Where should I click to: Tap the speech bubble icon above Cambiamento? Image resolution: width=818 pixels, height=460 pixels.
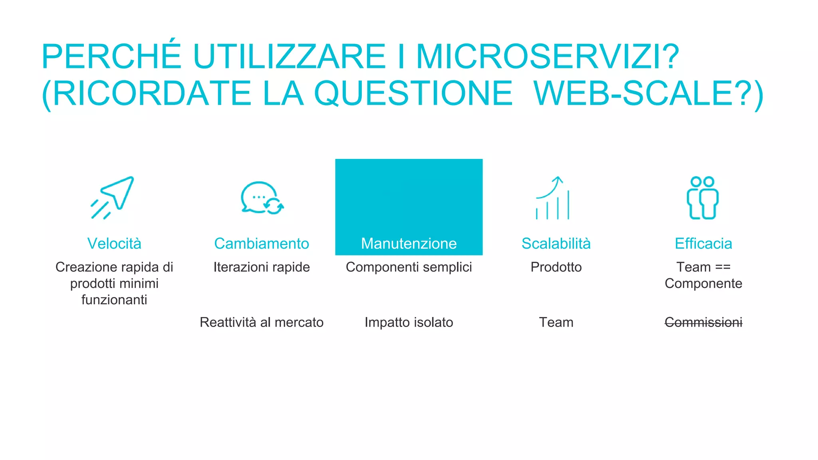(x=261, y=198)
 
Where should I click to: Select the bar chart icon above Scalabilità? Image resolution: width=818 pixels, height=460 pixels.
(x=553, y=198)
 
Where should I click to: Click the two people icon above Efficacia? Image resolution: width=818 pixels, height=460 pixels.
(x=703, y=198)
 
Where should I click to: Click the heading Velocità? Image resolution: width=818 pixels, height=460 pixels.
(x=114, y=244)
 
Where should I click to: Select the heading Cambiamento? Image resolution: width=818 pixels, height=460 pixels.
(x=262, y=244)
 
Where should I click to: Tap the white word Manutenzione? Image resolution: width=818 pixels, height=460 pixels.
(x=409, y=244)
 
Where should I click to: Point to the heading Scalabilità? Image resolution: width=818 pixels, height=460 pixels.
(x=556, y=244)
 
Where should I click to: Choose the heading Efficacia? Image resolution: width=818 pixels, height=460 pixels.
(x=703, y=244)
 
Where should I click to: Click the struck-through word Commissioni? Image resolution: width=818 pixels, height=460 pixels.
(x=703, y=322)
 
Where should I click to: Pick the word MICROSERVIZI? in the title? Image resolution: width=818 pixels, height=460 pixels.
(x=547, y=57)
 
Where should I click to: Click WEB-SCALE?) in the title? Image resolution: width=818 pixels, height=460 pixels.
(x=648, y=94)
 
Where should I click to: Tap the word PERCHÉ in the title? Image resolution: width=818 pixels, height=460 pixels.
(x=111, y=57)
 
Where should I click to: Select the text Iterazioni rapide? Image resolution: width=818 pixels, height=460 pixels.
(x=262, y=267)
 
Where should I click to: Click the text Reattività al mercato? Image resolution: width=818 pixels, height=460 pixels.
(x=262, y=322)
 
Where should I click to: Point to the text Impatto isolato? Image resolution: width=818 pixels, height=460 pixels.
(x=409, y=322)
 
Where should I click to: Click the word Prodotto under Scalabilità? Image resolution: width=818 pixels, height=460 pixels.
(x=556, y=267)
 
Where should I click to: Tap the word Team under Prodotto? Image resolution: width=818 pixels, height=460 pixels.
(x=556, y=322)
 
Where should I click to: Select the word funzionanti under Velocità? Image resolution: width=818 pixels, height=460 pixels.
(x=114, y=300)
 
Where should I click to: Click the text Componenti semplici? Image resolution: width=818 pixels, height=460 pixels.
(x=409, y=267)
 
